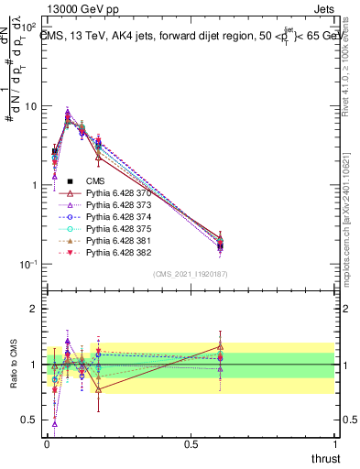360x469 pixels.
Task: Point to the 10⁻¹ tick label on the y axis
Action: click(27, 265)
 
